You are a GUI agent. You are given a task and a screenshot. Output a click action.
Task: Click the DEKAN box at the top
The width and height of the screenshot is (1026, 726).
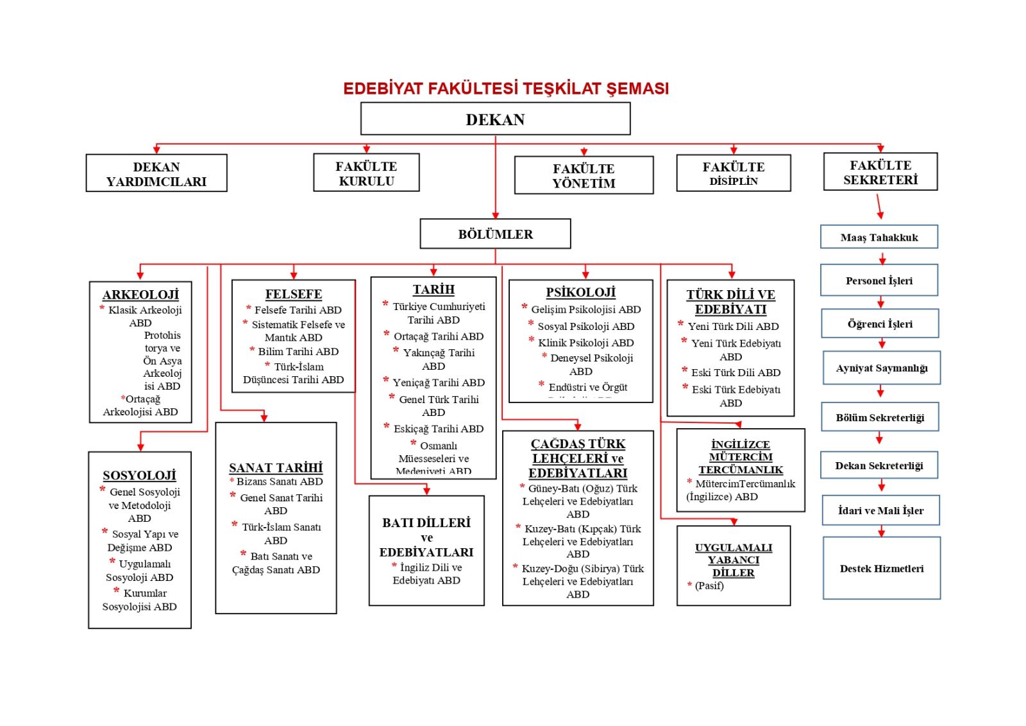495,119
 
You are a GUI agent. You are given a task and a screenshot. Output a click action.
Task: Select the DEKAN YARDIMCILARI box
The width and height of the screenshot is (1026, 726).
156,173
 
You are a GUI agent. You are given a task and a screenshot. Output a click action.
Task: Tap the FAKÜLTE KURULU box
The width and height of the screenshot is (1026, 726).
366,173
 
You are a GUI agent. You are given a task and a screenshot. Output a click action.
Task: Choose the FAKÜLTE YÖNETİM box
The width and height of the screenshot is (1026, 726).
584,175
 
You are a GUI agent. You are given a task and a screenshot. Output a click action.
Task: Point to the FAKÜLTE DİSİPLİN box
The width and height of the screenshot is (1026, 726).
734,173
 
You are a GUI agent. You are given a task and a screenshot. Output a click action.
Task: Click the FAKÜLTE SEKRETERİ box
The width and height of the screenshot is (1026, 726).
880,172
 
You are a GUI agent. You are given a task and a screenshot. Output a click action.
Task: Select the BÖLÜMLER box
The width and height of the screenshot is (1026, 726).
495,234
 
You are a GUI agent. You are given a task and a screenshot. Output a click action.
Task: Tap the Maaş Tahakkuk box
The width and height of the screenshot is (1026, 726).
879,237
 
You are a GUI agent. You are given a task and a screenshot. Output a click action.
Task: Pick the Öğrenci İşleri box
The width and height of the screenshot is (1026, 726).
880,324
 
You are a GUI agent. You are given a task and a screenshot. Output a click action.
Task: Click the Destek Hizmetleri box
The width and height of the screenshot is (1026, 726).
882,568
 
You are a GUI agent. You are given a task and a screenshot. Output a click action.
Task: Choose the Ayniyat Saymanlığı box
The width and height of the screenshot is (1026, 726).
882,368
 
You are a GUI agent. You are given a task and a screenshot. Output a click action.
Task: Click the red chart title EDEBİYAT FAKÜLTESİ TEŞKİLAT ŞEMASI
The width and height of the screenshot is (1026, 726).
506,89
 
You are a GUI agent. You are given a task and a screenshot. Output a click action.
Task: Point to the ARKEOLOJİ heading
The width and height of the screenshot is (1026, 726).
140,295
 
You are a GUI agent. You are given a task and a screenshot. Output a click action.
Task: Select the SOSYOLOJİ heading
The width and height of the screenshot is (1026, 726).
139,476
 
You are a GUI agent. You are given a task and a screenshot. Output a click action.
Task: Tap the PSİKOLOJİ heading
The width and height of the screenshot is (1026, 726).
580,293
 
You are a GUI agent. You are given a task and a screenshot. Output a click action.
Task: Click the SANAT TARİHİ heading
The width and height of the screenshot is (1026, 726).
276,468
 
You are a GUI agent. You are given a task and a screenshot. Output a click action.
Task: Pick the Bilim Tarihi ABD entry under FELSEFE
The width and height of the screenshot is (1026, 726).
298,351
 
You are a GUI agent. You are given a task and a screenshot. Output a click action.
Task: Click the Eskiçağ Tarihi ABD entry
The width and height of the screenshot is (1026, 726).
439,429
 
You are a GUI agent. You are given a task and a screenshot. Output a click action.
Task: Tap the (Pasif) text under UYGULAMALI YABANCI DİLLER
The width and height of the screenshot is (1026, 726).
709,585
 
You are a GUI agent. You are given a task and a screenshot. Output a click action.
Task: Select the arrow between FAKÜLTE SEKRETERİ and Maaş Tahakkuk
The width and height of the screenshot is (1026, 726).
880,207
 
